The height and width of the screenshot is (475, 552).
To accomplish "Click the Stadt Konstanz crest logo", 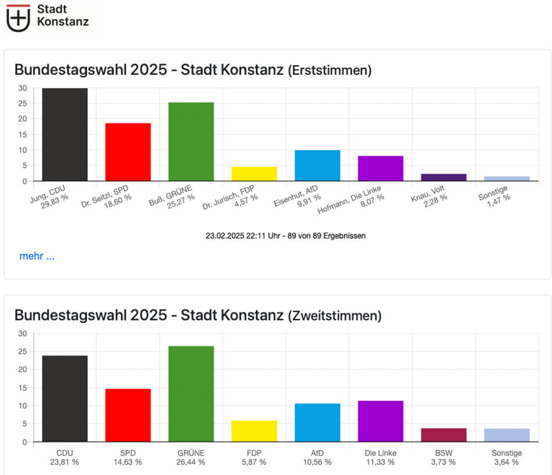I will [x=18, y=17].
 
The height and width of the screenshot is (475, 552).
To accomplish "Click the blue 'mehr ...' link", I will [x=37, y=256].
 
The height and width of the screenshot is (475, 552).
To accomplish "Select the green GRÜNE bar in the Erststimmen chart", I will [x=191, y=142].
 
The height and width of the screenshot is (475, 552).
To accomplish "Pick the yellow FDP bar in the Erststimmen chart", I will [x=255, y=174].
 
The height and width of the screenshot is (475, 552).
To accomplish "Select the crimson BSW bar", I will [x=444, y=435].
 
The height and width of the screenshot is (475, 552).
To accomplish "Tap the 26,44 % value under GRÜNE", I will [x=191, y=462].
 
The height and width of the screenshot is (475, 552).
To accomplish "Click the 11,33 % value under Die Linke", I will [x=381, y=462].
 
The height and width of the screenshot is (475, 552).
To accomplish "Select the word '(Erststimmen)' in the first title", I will [x=329, y=71].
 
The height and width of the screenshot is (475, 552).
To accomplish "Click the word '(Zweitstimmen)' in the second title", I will [x=335, y=316].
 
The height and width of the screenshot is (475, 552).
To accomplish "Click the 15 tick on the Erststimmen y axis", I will [x=22, y=135].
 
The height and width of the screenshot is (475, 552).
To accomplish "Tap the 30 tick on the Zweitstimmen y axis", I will [x=22, y=333].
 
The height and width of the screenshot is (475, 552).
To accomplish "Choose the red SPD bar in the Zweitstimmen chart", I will [x=128, y=415].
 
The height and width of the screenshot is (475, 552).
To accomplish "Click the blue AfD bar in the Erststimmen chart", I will [x=317, y=165].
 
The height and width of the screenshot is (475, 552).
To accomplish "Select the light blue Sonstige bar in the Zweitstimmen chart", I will [x=507, y=435].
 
